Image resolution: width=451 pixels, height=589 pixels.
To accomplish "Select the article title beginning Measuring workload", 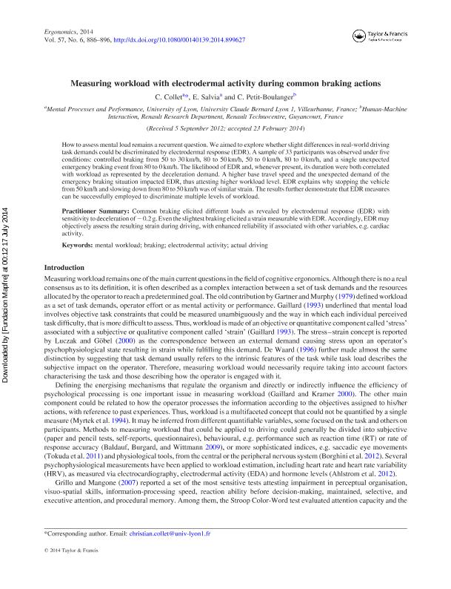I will click(225, 84).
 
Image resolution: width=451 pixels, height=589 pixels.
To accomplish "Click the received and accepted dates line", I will click(225, 128).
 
